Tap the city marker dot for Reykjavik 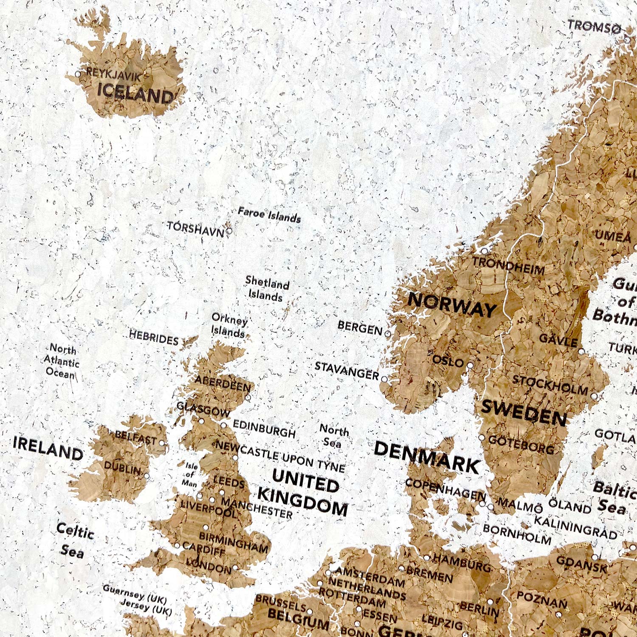click(x=78, y=74)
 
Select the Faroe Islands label click(x=269, y=215)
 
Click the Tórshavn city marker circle click(x=229, y=231)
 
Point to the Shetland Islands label click(x=267, y=289)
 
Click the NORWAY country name click(x=451, y=304)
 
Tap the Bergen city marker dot click(x=387, y=333)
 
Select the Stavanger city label click(x=347, y=371)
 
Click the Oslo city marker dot click(x=470, y=365)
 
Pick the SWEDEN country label click(x=524, y=413)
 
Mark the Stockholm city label click(x=550, y=385)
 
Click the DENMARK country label click(x=426, y=457)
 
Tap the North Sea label click(x=334, y=436)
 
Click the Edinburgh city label click(x=264, y=429)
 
